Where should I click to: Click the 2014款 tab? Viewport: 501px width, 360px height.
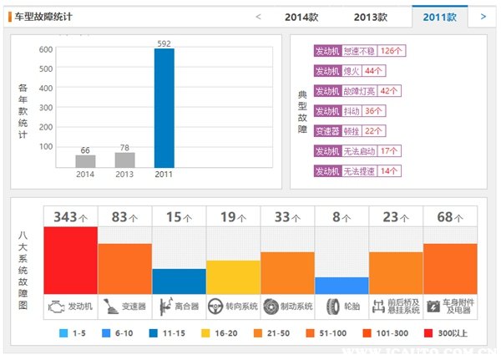click(302, 17)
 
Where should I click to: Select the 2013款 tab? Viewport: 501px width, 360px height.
click(370, 17)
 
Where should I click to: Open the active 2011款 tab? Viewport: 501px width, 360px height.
click(439, 17)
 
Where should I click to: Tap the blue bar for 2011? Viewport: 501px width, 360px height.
click(164, 108)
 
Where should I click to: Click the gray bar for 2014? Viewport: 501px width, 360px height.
click(85, 160)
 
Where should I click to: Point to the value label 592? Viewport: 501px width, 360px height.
click(164, 43)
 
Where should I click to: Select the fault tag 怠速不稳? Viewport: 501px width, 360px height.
click(362, 51)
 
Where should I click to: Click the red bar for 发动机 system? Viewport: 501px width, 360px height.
click(71, 259)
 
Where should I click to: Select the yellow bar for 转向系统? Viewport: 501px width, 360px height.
click(233, 276)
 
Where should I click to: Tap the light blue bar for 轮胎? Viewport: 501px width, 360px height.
click(342, 285)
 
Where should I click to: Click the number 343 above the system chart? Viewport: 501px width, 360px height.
click(65, 217)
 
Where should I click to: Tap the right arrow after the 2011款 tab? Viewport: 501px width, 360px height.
click(483, 16)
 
